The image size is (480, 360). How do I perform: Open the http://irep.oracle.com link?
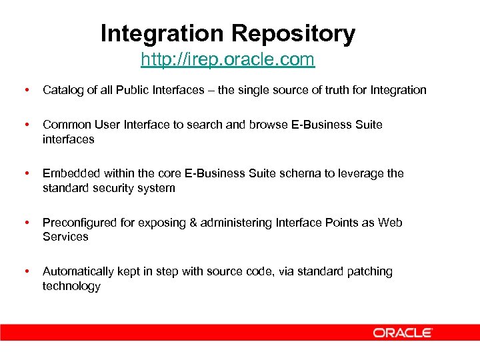tap(227, 60)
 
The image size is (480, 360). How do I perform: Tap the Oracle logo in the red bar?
tap(403, 333)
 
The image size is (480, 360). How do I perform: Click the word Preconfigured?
tap(79, 223)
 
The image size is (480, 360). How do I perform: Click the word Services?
tap(65, 237)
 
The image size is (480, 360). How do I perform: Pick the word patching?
tap(369, 271)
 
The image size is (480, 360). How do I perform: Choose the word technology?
tap(71, 286)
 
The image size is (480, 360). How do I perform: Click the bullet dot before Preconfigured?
tap(25, 223)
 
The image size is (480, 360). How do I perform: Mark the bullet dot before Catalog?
tap(25, 90)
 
